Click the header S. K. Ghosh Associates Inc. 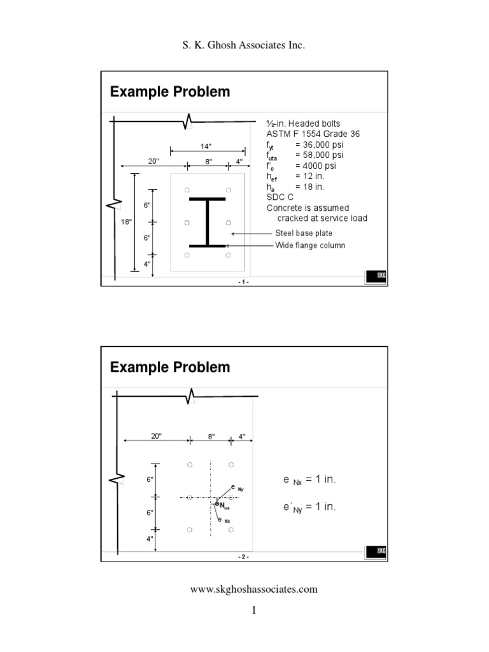tap(244, 46)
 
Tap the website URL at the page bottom tap(254, 589)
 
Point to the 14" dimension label tap(206, 146)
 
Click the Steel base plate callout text tap(304, 234)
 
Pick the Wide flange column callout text tap(310, 245)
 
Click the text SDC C tap(280, 197)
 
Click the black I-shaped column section tap(207, 222)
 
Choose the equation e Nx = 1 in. tap(309, 479)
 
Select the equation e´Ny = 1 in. tap(309, 507)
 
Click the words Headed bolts tap(313, 123)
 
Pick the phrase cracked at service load tap(322, 218)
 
